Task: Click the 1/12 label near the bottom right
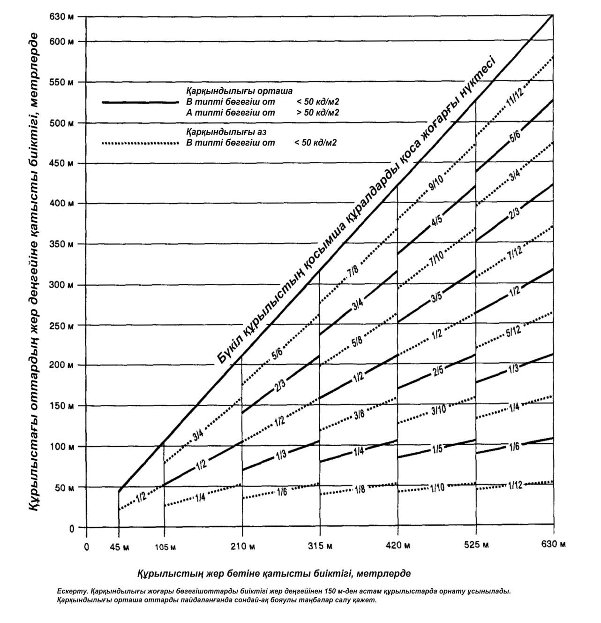[514, 485]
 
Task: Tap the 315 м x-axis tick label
[320, 546]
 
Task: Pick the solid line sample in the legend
[140, 102]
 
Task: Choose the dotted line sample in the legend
[140, 143]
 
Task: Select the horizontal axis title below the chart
[274, 573]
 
